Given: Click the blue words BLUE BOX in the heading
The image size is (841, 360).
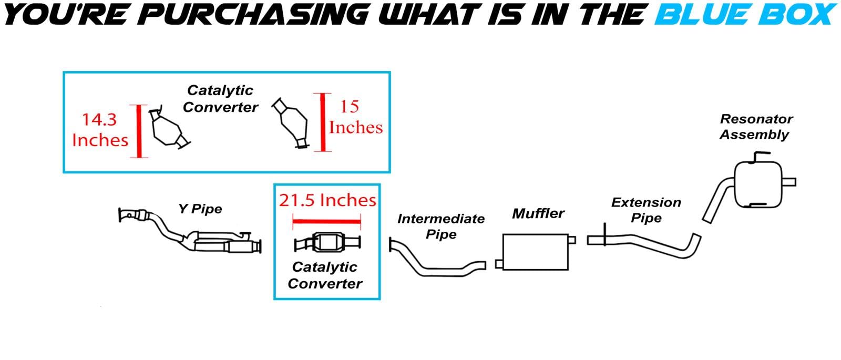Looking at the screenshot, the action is [x=745, y=14].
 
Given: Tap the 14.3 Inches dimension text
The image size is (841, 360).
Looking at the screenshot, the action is [x=100, y=130].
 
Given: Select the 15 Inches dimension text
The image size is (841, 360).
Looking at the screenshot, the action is [x=355, y=117].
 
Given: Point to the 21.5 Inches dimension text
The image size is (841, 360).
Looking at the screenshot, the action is [x=327, y=200].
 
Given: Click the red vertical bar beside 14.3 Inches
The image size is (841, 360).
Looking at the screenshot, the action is [x=139, y=131].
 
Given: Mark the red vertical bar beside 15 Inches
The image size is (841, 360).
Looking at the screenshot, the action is [x=323, y=122].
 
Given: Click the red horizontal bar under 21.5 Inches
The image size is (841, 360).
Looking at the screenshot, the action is [x=326, y=221].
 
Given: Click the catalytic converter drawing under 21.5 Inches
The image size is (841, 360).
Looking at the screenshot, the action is [x=327, y=242].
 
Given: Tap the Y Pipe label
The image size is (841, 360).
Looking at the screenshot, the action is [x=200, y=209].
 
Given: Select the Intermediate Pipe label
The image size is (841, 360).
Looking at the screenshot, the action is [x=441, y=227].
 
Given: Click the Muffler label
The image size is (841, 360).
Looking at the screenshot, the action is [x=538, y=213].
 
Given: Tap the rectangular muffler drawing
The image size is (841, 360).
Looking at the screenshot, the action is [x=536, y=252].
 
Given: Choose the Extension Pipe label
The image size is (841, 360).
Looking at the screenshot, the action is [x=646, y=210].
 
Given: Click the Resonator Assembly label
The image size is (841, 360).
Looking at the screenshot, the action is [x=756, y=127].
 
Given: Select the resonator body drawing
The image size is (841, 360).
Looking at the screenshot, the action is [x=758, y=184].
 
